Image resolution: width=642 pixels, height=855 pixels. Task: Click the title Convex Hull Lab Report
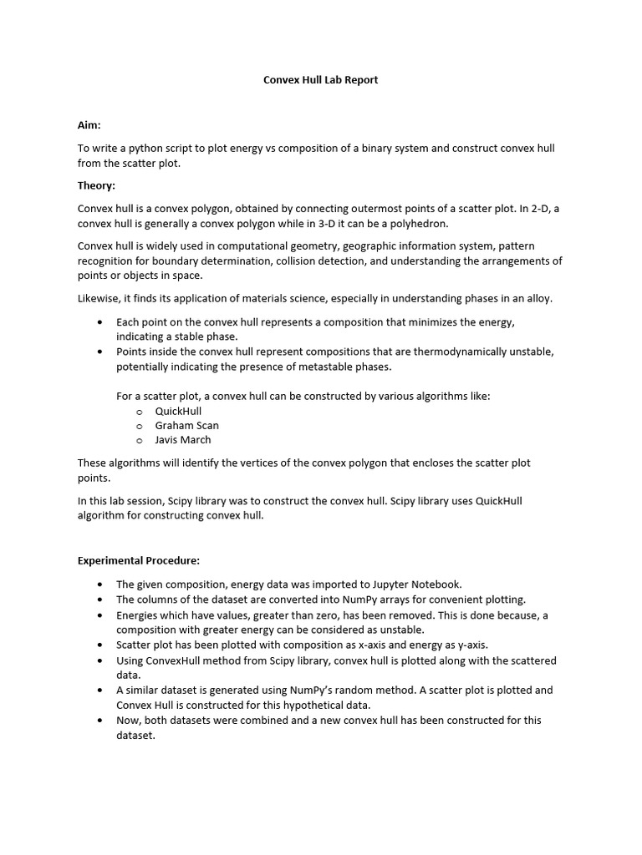tap(321, 80)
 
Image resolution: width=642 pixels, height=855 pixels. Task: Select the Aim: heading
tap(89, 125)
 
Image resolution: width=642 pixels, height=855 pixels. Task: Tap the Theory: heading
tap(96, 185)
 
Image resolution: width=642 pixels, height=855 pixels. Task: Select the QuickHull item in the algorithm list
tap(178, 411)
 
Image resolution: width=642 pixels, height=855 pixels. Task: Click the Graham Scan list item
tap(186, 425)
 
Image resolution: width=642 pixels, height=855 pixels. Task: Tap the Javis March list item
tap(183, 440)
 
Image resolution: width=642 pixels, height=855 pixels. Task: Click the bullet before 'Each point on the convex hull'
tap(101, 322)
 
